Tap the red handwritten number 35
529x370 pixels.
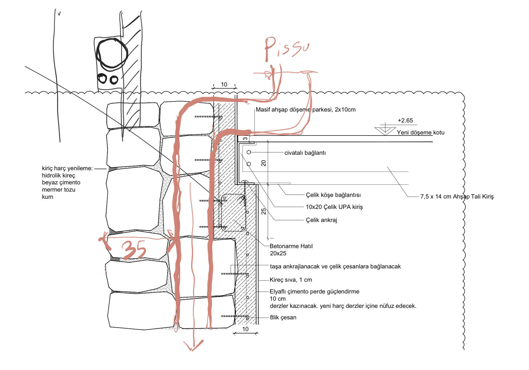(x=134, y=250)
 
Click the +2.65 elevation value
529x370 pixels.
(x=405, y=121)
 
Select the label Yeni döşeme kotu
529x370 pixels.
(x=420, y=133)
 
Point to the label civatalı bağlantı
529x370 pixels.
(x=305, y=153)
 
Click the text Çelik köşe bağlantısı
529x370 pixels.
(x=333, y=195)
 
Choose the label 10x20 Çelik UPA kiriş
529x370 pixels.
(x=334, y=207)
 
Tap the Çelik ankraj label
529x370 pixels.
(x=321, y=220)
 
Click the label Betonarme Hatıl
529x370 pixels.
(x=291, y=246)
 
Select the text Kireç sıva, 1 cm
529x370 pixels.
(x=291, y=280)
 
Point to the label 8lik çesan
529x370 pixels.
(x=283, y=317)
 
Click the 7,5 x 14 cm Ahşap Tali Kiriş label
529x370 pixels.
(x=457, y=197)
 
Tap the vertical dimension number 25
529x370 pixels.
(x=263, y=211)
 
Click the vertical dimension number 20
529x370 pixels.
(x=263, y=163)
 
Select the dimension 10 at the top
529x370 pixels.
(x=224, y=85)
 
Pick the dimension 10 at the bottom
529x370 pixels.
(x=245, y=329)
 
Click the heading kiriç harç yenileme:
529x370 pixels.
(x=67, y=168)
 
